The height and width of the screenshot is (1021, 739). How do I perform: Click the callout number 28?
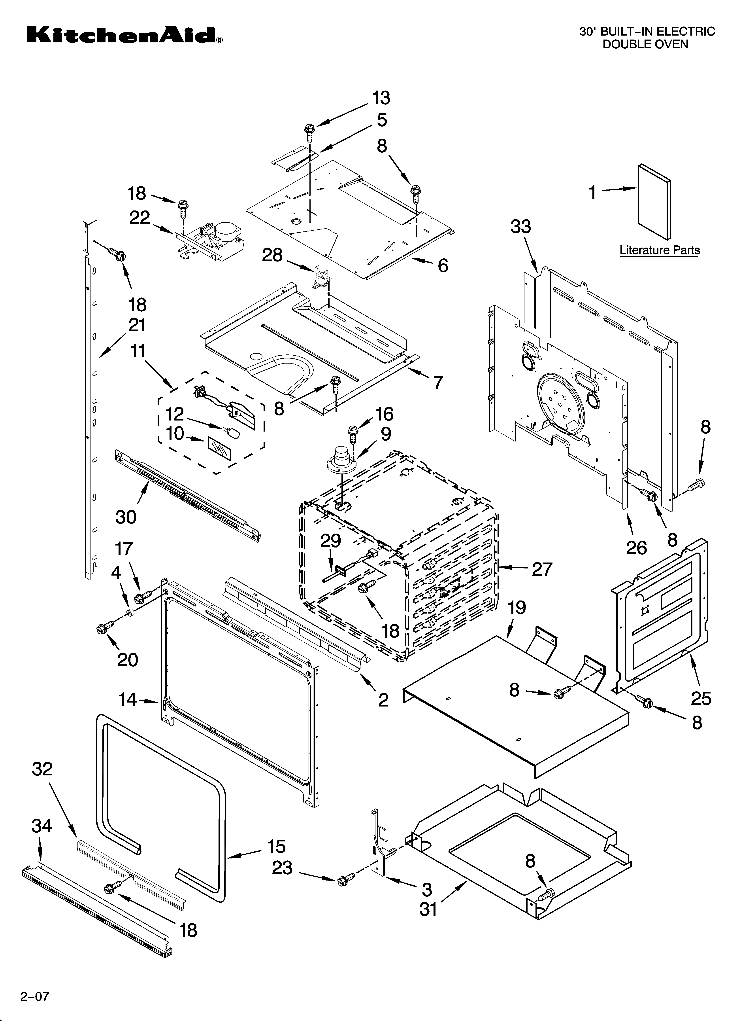tap(272, 255)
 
